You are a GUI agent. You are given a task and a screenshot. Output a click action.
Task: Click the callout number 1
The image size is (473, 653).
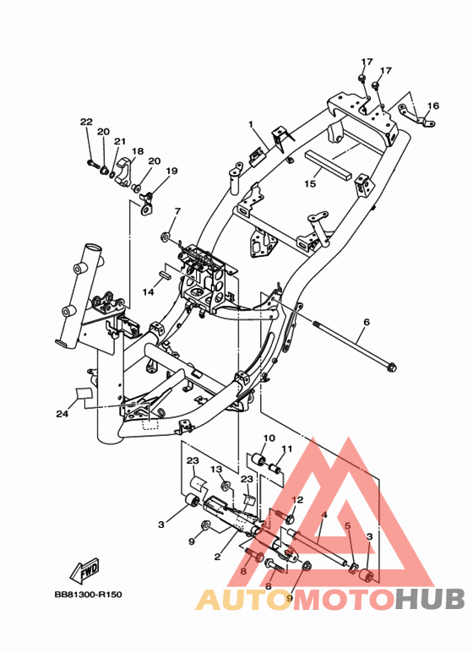coord(251,124)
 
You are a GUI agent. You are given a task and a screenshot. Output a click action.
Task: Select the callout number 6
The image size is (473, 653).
coord(367,323)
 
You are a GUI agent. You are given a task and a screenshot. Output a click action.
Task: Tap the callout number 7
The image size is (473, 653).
coord(177,211)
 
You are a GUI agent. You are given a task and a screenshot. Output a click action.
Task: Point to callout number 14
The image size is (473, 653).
coord(148,292)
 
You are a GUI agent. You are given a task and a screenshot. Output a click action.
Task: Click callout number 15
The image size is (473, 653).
coord(310,183)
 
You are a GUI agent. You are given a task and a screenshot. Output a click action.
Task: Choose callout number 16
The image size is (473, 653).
coord(433,106)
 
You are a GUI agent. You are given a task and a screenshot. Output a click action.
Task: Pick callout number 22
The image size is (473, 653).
coord(86,122)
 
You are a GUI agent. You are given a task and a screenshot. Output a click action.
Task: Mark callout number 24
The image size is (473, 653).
coord(63,414)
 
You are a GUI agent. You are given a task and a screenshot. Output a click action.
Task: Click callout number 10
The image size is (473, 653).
coord(269,438)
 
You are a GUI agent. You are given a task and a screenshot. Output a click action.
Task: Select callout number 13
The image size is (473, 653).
coord(216,470)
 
